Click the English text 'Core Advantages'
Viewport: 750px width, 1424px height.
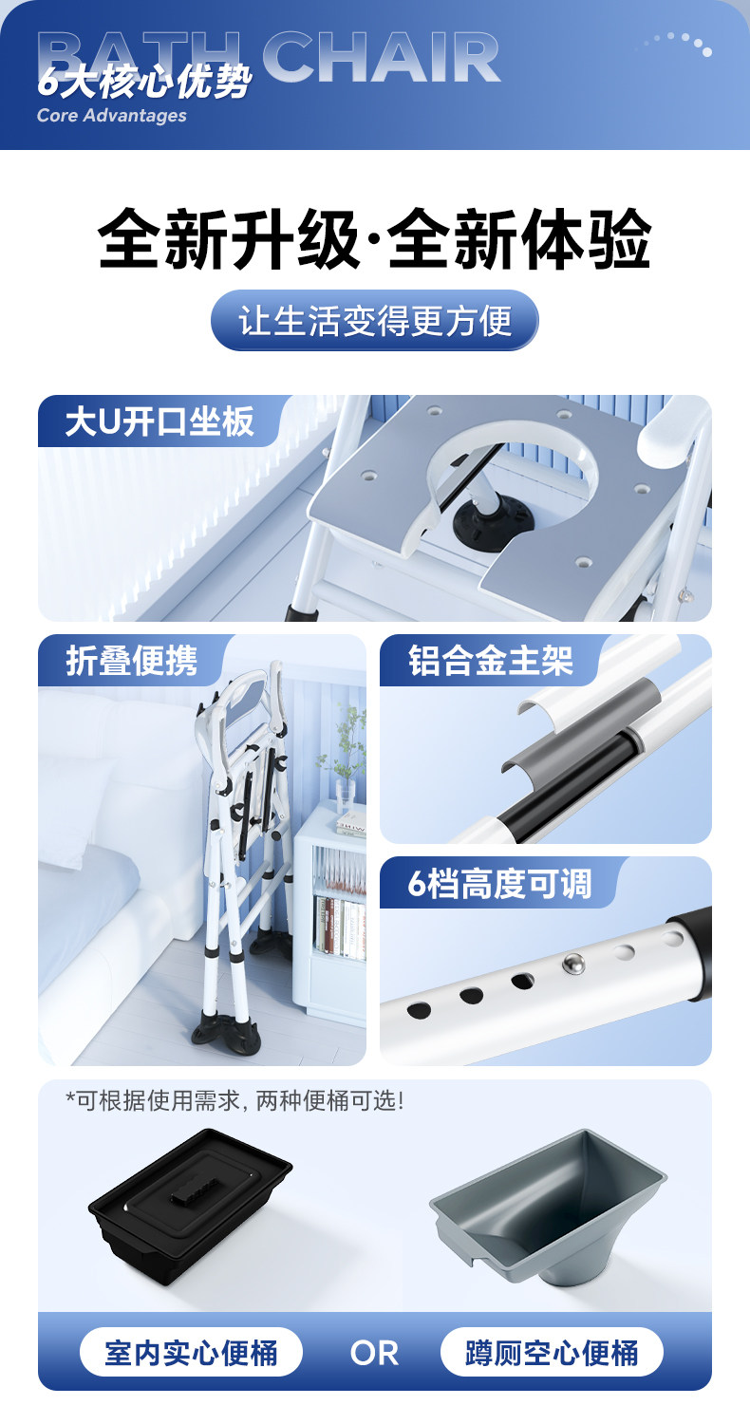[112, 115]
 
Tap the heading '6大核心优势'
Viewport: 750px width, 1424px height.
[145, 82]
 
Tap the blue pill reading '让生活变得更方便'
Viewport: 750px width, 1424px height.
[374, 320]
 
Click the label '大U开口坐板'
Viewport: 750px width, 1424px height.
[159, 422]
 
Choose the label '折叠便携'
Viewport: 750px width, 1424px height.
[132, 661]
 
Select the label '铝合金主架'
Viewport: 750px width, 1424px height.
[491, 661]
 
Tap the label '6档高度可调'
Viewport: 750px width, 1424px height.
[499, 884]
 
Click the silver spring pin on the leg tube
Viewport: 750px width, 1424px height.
[573, 964]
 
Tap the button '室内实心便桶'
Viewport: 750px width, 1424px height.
[191, 1353]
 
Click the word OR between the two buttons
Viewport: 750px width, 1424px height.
[374, 1354]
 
